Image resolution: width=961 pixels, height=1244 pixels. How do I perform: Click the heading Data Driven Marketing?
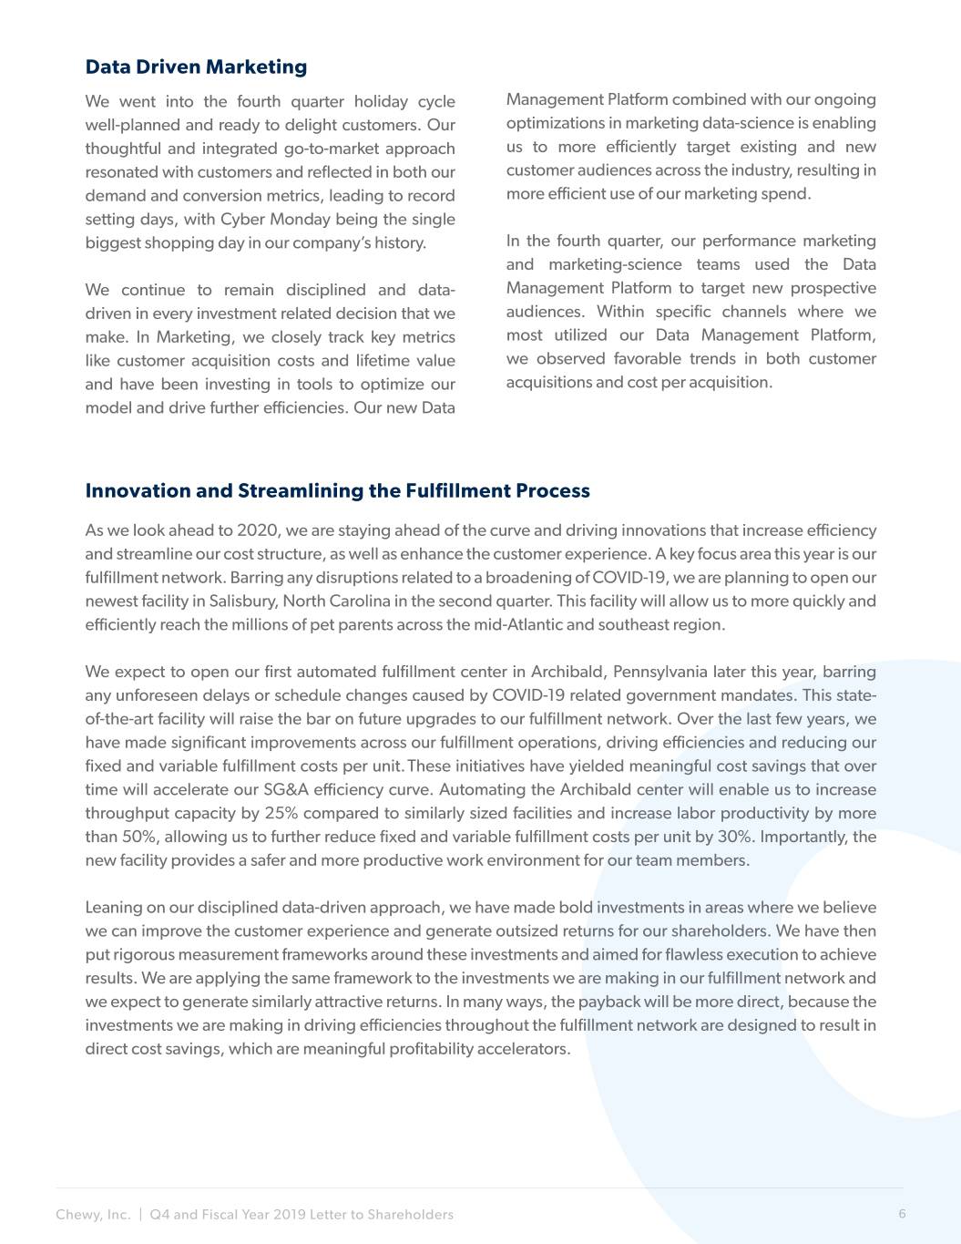[196, 67]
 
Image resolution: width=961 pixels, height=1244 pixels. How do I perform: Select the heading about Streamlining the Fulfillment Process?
[337, 490]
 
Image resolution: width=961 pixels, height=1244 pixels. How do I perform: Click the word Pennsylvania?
[659, 672]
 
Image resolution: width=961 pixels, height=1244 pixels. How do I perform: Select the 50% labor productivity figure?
[136, 837]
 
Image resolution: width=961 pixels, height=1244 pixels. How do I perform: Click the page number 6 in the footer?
[902, 1213]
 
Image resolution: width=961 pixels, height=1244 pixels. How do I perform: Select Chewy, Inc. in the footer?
[93, 1214]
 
